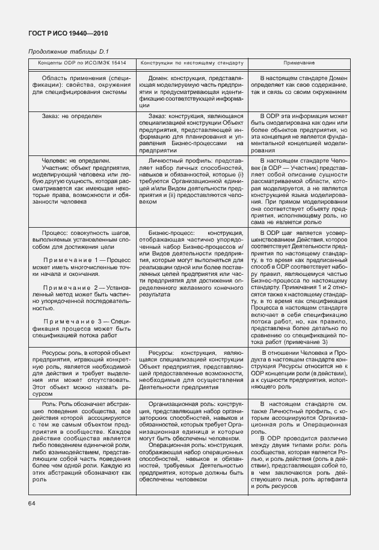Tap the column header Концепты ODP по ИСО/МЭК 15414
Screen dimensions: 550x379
click(82, 63)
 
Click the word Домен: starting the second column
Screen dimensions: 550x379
click(159, 79)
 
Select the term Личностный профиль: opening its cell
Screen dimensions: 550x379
click(176, 161)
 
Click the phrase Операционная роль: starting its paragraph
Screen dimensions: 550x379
click(175, 445)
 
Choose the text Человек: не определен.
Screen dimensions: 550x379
click(76, 161)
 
